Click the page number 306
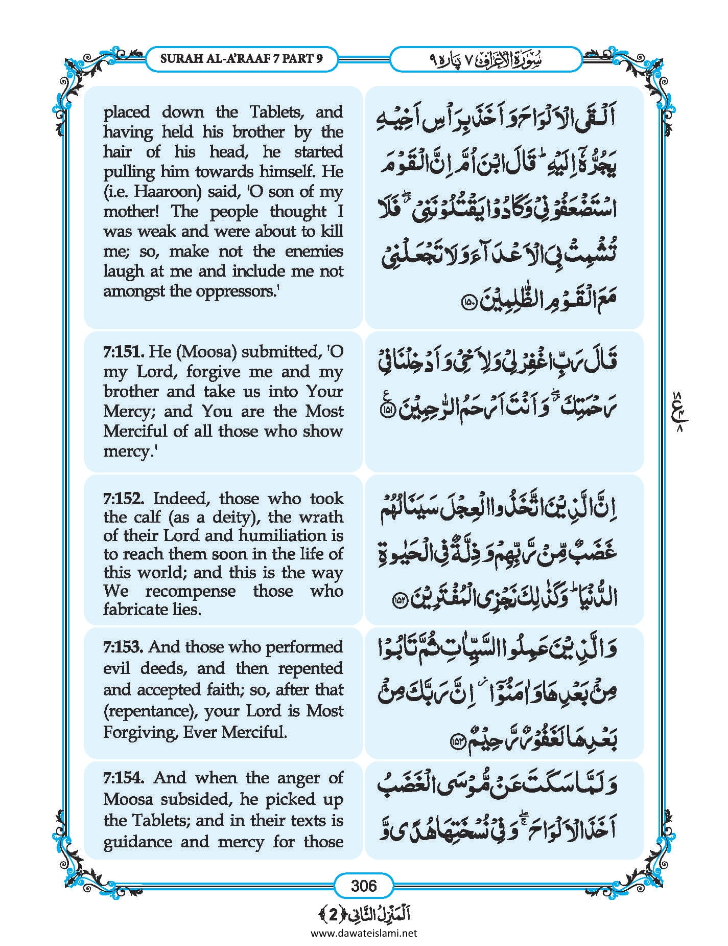pos(364,885)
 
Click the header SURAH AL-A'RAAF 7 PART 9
pos(242,58)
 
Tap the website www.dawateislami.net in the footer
pos(364,932)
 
